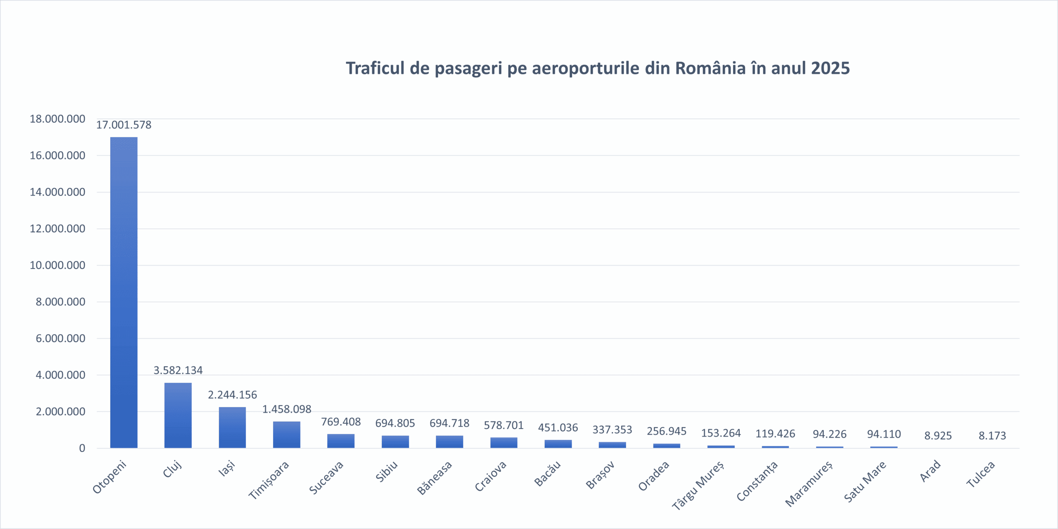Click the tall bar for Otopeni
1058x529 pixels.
click(124, 292)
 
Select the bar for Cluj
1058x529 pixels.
click(178, 415)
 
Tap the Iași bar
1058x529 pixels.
click(232, 427)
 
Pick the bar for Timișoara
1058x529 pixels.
click(286, 434)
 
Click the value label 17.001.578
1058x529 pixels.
click(124, 125)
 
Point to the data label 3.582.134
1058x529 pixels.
click(178, 370)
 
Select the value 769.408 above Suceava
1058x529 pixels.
click(341, 422)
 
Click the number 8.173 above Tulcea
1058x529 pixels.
click(992, 435)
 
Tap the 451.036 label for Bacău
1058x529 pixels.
click(558, 427)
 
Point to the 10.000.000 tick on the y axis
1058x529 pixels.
click(57, 265)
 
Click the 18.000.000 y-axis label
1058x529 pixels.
click(57, 119)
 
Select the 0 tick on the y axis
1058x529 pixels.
click(82, 448)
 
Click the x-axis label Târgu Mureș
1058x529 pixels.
click(698, 485)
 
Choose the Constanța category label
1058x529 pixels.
click(757, 481)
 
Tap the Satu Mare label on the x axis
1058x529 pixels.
click(865, 482)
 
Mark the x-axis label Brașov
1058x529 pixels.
click(600, 475)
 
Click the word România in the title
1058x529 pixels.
click(710, 68)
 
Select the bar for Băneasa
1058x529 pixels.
click(449, 441)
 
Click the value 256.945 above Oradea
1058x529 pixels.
click(666, 431)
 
